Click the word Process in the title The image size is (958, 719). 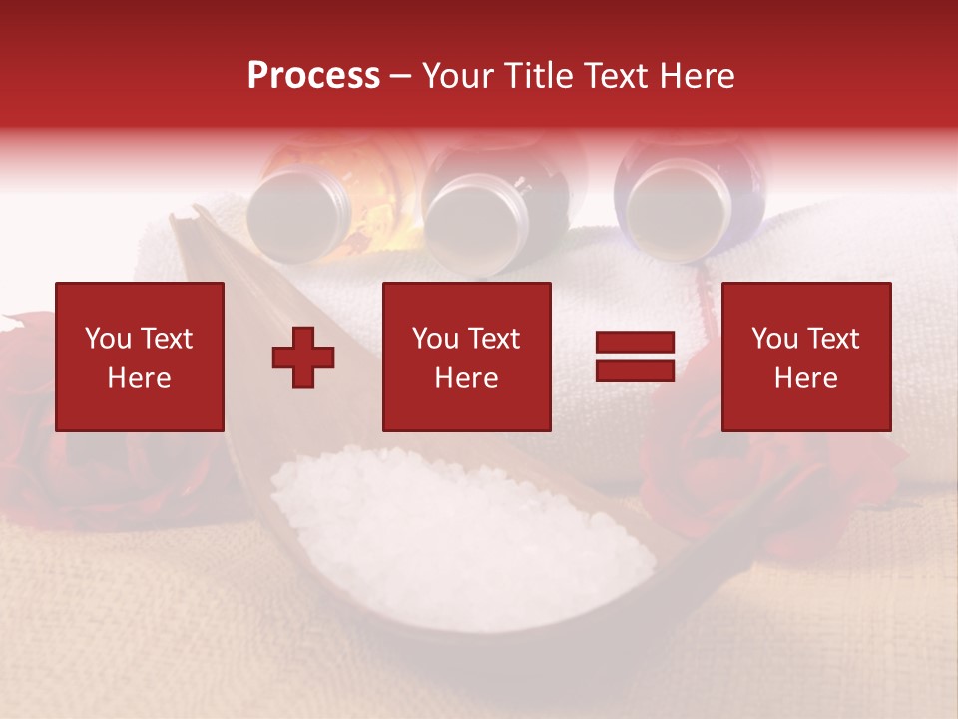[313, 76]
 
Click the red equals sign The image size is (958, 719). [635, 358]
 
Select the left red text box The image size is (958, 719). [140, 358]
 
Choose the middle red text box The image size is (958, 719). [467, 358]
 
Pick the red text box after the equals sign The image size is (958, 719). [806, 358]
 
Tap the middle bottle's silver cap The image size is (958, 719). [470, 220]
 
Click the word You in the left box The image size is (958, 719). [107, 339]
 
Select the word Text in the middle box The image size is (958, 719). [494, 339]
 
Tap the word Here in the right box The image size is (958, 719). [806, 378]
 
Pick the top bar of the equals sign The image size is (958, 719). [635, 343]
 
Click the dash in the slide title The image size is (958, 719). [400, 76]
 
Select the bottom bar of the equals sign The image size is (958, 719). [635, 371]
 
